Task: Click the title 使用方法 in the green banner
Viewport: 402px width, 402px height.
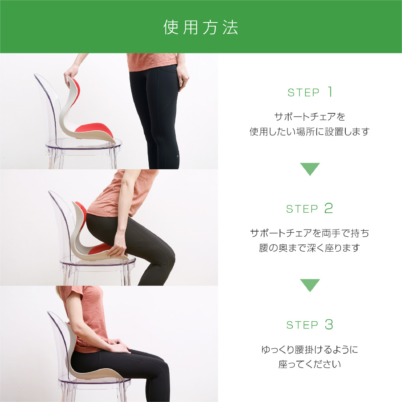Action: tap(201, 27)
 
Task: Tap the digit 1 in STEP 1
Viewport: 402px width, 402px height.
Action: tap(330, 92)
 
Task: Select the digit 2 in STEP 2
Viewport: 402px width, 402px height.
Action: tap(328, 208)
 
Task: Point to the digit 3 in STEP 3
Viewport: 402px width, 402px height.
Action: tap(329, 324)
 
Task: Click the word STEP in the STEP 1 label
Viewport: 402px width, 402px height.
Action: tap(303, 92)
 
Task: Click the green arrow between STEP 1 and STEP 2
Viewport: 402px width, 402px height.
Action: tap(310, 169)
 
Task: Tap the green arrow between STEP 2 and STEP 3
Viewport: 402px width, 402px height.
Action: tap(310, 285)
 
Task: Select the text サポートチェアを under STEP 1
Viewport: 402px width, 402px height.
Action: tap(310, 117)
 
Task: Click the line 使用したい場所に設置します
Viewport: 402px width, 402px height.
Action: tap(310, 131)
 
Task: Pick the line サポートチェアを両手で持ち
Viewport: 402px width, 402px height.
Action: tap(310, 233)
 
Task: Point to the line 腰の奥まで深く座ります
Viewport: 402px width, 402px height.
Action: tap(310, 248)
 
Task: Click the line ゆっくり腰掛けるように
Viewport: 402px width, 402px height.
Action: tap(310, 349)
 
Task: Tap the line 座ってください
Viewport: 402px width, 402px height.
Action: tap(310, 364)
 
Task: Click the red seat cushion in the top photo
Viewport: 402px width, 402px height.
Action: tap(94, 129)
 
